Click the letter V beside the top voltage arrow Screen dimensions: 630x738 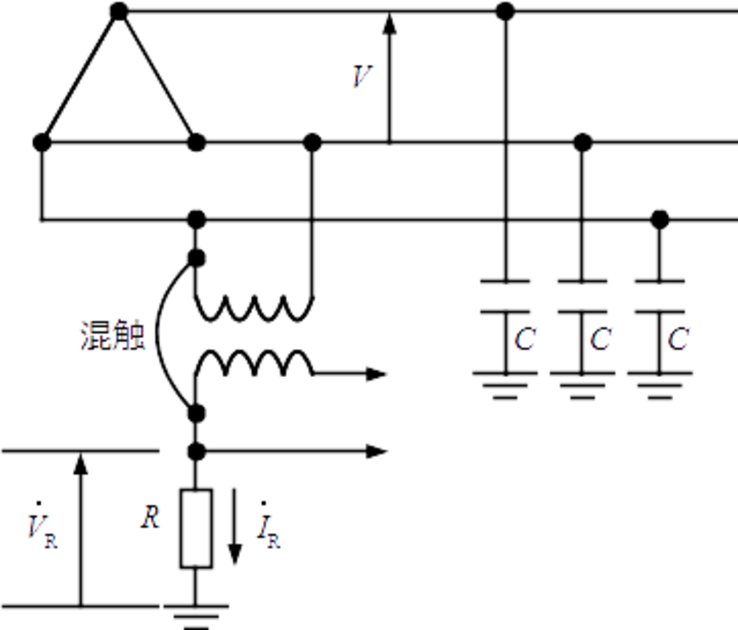(x=363, y=76)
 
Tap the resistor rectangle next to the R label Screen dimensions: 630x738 (x=196, y=528)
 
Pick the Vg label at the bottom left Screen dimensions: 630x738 (x=43, y=532)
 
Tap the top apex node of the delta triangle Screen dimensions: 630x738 (x=118, y=10)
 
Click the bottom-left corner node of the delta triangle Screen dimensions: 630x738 (x=41, y=142)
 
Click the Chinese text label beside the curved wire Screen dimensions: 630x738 (x=112, y=337)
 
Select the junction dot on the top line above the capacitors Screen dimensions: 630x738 (x=505, y=10)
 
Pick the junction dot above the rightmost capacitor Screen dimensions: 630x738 (x=660, y=217)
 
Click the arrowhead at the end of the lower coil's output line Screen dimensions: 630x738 (x=379, y=374)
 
